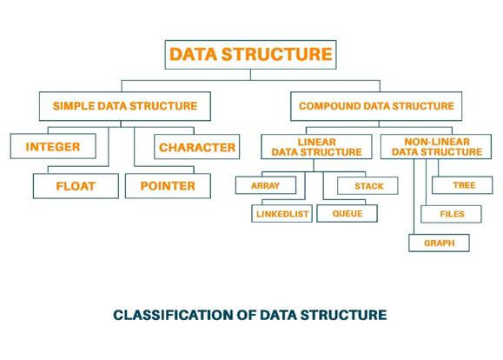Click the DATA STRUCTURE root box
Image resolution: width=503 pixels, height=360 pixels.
[250, 55]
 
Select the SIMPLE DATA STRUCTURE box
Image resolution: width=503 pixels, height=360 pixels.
[125, 106]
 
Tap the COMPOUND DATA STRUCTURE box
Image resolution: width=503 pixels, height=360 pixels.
[376, 106]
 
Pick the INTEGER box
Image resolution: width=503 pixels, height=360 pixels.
[53, 147]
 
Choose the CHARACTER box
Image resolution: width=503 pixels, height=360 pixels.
[197, 147]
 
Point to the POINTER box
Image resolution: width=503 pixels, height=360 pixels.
[167, 185]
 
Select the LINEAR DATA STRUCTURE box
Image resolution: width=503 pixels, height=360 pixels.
[316, 146]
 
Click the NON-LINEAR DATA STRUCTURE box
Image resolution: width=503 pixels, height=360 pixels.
[431, 146]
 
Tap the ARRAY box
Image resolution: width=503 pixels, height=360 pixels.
[265, 185]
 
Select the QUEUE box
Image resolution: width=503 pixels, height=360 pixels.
[347, 212]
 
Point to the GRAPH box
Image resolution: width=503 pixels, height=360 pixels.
[438, 242]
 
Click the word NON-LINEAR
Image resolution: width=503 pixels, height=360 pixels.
[431, 140]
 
